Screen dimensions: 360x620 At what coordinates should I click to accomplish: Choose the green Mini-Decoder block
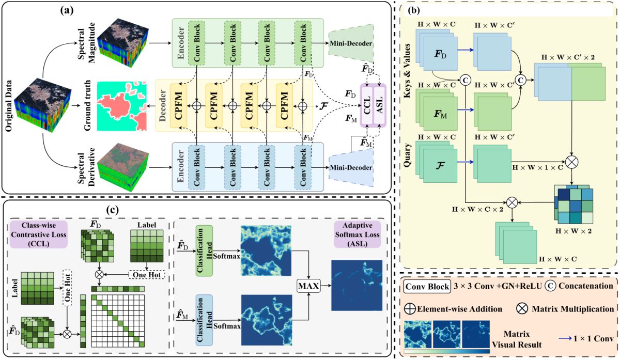point(350,43)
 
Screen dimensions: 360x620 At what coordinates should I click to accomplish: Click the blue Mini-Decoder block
point(350,168)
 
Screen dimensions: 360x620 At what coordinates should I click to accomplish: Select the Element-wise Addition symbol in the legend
point(410,309)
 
